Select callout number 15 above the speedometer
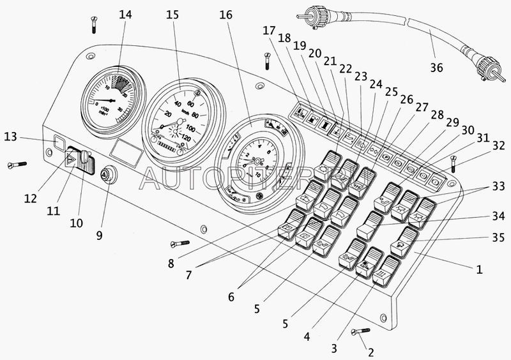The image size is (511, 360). [x=173, y=15]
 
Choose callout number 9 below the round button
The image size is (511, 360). [x=99, y=235]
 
